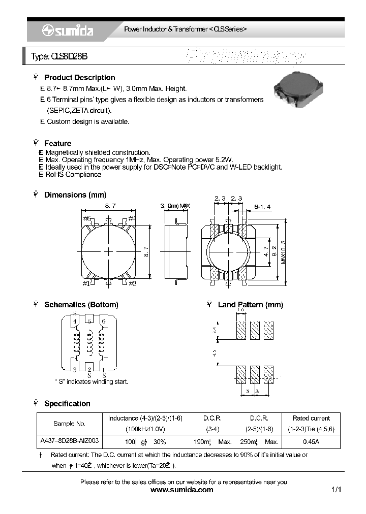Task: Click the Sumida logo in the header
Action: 67,30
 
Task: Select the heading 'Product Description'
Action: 79,78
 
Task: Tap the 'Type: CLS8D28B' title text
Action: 59,57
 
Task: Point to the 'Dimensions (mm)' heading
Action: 75,195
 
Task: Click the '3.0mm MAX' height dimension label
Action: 175,206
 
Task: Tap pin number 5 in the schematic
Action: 89,321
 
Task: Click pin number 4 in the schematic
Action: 75,321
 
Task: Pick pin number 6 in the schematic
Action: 103,321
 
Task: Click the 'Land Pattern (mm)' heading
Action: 250,305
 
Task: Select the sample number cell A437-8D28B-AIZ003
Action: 69,442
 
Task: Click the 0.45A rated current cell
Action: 311,442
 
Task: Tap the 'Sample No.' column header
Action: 69,423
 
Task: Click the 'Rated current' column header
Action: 311,418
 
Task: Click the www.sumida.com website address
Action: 182,490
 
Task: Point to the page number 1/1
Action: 336,490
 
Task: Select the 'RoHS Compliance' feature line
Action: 73,174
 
